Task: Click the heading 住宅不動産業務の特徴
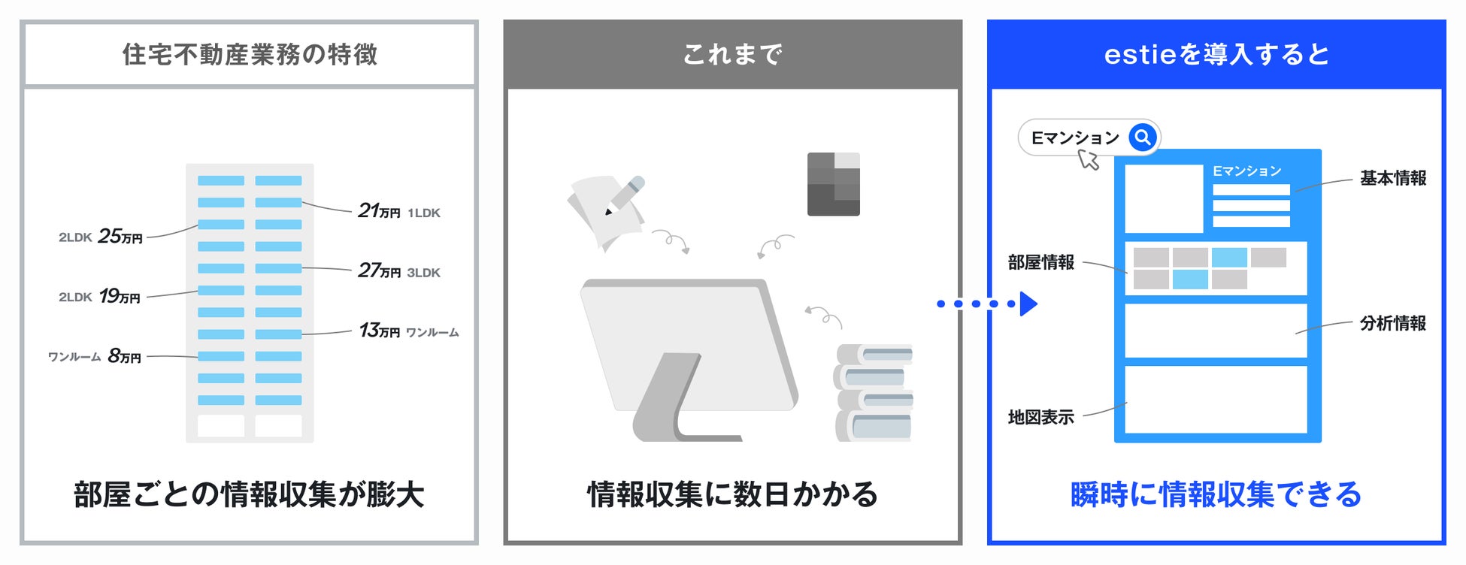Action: [250, 55]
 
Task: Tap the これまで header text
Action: [732, 55]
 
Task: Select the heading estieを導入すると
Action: [1216, 55]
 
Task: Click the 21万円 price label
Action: [379, 211]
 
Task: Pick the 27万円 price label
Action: [379, 271]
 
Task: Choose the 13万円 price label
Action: [379, 331]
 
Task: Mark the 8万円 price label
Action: [124, 356]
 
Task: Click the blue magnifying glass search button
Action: [1143, 137]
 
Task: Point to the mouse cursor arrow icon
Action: [1088, 159]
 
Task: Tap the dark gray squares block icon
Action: [833, 184]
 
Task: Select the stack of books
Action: [874, 392]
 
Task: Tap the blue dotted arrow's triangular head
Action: [1028, 304]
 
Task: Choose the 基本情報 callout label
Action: [1392, 179]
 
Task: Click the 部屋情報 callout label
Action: [1040, 263]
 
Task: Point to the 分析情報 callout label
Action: [1392, 324]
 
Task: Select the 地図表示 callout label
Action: [1040, 418]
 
